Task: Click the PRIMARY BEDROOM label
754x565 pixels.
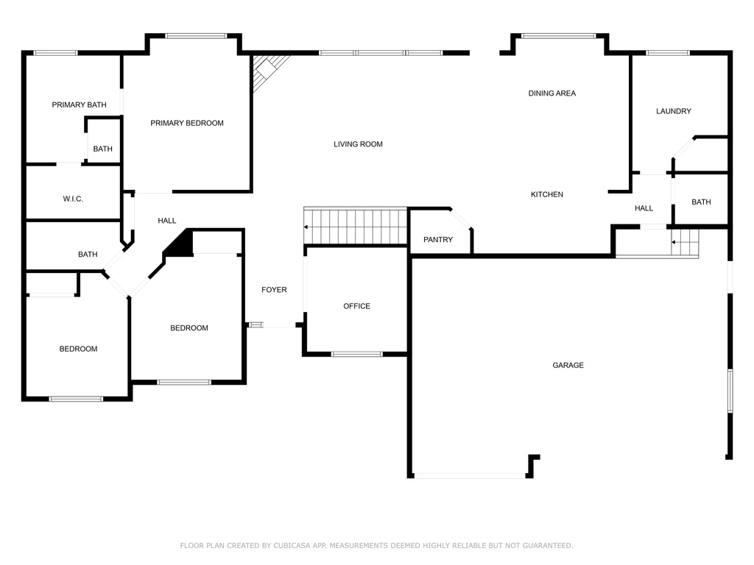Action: coord(186,123)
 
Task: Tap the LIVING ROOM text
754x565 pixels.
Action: coord(359,144)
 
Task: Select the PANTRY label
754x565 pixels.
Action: coord(438,239)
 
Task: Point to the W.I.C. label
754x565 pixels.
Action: coord(73,199)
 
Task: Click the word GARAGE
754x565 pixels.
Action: coord(568,365)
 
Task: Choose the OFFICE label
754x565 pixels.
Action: coord(357,306)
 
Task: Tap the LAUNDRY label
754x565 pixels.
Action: coord(674,111)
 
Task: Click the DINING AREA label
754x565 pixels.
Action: coord(552,93)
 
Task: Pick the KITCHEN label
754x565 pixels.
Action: coord(547,194)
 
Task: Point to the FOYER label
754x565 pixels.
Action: coord(274,290)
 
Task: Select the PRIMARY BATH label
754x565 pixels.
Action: coord(80,104)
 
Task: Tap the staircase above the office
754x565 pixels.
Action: coord(356,226)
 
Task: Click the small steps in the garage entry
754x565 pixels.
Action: coord(685,243)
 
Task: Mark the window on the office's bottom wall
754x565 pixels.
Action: coord(357,355)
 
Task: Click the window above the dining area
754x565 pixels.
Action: coord(559,36)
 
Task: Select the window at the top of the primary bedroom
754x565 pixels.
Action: coord(196,36)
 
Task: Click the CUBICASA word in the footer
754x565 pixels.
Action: coord(292,545)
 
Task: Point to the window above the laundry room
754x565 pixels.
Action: coord(668,53)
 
